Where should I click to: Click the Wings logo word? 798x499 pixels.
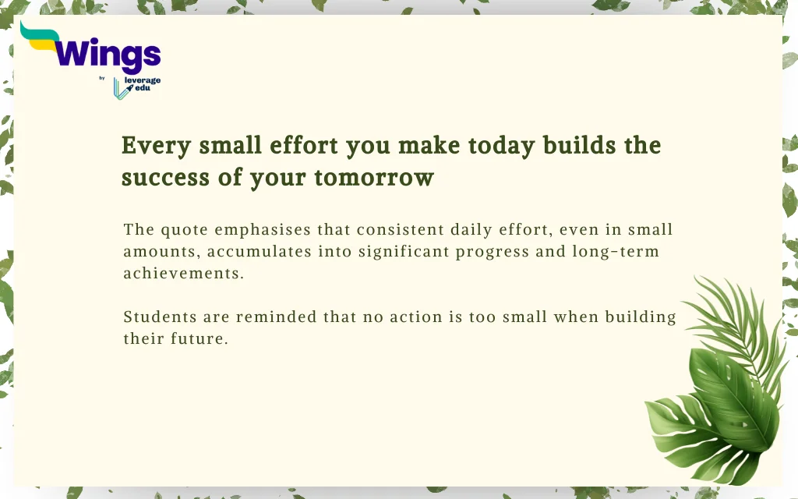(x=108, y=55)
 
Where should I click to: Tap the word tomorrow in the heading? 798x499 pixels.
(x=374, y=178)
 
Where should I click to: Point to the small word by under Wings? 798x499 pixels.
(x=102, y=78)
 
